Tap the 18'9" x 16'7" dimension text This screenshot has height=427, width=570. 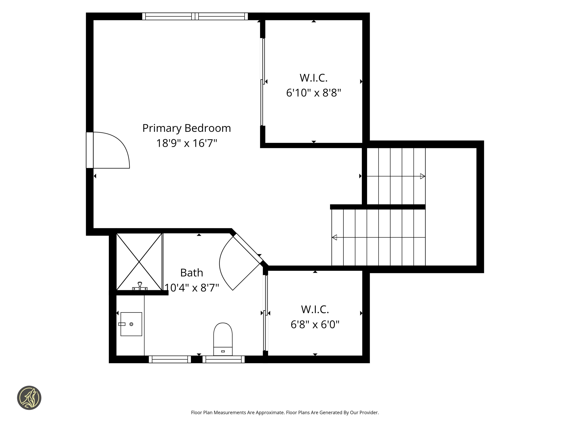pos(186,143)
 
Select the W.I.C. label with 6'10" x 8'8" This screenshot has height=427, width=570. pos(314,78)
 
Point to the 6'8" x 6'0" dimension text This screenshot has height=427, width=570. pos(315,324)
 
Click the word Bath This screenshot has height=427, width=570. pos(191,273)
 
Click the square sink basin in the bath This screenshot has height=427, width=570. pos(131,324)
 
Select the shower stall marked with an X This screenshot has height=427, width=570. pos(139,262)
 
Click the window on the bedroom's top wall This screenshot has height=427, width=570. pos(195,16)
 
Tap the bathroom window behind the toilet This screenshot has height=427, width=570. pos(223,359)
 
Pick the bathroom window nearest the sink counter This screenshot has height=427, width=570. pos(170,359)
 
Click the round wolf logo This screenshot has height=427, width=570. pos(29,398)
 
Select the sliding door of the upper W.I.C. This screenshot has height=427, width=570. pos(263,82)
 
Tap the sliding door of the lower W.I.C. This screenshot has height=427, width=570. pos(266,313)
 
